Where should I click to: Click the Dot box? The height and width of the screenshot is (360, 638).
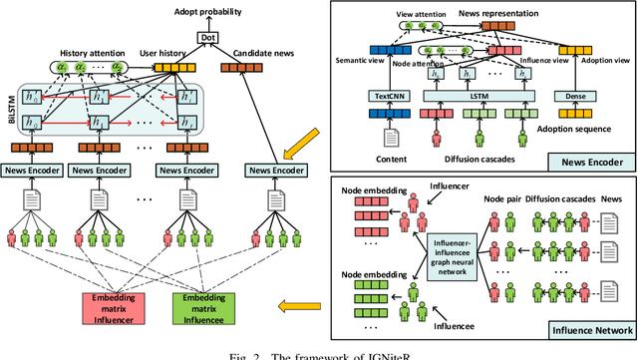tap(207, 38)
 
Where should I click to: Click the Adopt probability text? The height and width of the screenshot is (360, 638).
tap(207, 8)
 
